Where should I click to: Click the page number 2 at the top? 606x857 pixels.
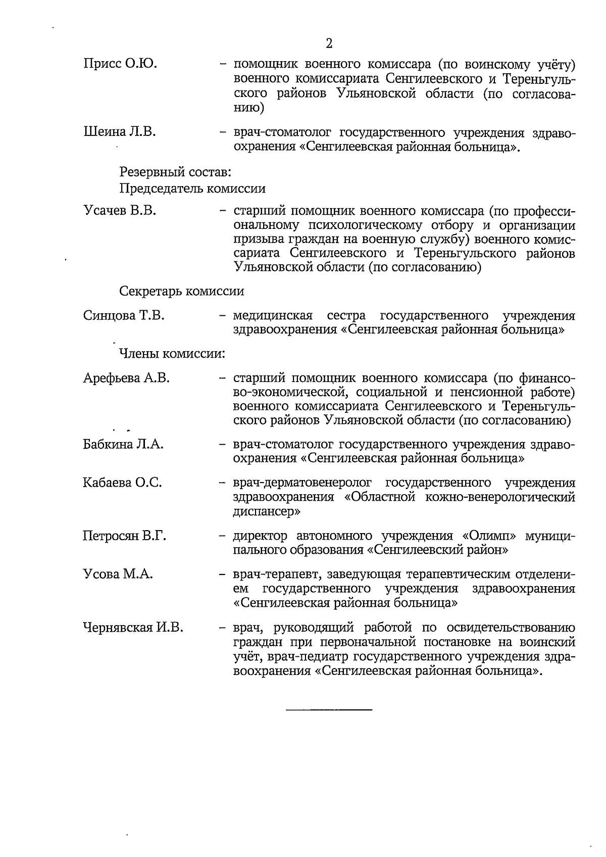point(329,43)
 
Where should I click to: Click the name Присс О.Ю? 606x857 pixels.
point(120,64)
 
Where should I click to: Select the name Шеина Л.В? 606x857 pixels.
point(119,132)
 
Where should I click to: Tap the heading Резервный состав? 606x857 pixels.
point(175,172)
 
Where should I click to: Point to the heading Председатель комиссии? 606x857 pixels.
point(192,188)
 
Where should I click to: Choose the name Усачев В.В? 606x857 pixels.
point(119,210)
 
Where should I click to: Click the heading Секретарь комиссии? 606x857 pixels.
point(182,292)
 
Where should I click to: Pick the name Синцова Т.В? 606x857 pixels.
point(124,316)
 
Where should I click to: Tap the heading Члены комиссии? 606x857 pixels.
point(172,354)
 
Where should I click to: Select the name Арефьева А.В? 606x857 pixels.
point(126,378)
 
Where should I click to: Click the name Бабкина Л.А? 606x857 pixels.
point(123,445)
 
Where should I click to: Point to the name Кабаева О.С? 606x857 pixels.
point(122,483)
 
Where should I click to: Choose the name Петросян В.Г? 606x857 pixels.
point(125,536)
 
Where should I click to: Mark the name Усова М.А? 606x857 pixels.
point(118,575)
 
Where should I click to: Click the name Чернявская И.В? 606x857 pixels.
point(133,628)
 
